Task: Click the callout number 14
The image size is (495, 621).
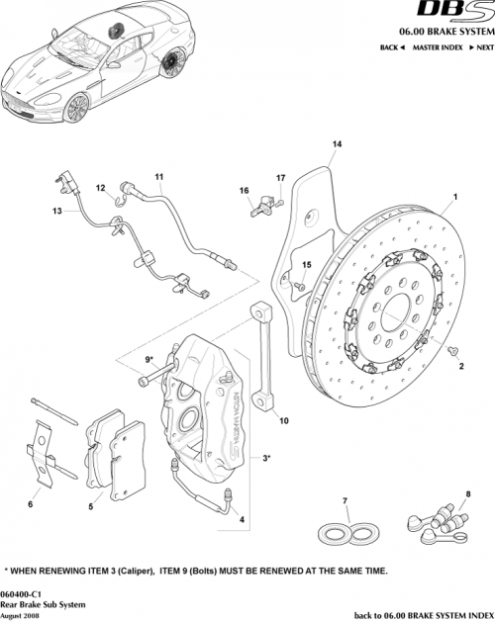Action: tap(337, 144)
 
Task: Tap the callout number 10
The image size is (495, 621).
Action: tap(284, 420)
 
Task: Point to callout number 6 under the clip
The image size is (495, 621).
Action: tap(30, 504)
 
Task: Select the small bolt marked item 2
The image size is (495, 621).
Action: tap(453, 351)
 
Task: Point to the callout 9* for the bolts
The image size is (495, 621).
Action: tap(150, 359)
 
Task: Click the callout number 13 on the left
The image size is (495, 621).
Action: tap(57, 212)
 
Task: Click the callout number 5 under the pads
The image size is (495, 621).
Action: tap(91, 506)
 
